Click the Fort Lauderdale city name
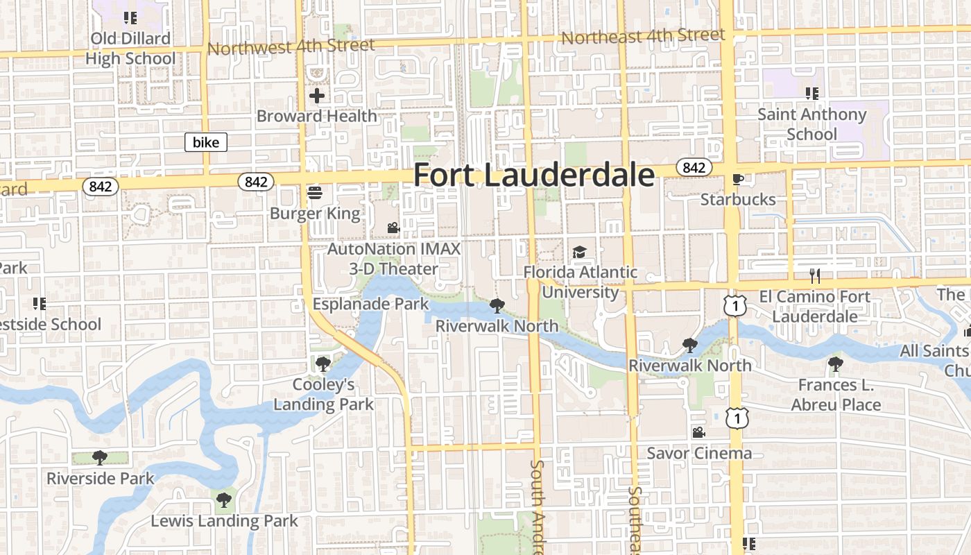tap(533, 176)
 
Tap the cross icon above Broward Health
tap(318, 96)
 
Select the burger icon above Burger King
tap(315, 192)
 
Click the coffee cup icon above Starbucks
tap(737, 180)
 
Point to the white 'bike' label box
tap(206, 143)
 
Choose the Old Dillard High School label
tap(130, 49)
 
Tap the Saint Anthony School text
tap(811, 123)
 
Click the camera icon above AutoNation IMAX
tap(393, 228)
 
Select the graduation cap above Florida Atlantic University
tap(579, 252)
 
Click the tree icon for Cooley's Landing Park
tap(323, 364)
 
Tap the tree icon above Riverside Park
tap(100, 457)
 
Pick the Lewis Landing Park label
tap(224, 521)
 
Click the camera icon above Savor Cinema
tap(698, 432)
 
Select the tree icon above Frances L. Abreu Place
tap(836, 364)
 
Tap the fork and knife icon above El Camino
tap(815, 276)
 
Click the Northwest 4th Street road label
tap(291, 46)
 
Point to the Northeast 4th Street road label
tap(643, 36)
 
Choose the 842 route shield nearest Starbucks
tap(693, 167)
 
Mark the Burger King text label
tap(315, 213)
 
